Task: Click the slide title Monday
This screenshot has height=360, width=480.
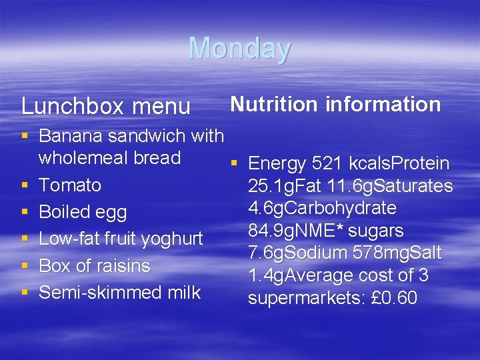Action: (x=240, y=49)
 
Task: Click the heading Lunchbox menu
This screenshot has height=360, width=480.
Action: (x=106, y=106)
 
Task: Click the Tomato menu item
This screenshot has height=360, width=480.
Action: (x=70, y=185)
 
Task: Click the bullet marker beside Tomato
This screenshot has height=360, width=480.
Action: (x=25, y=185)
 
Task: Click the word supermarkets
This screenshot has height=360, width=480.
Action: (x=299, y=298)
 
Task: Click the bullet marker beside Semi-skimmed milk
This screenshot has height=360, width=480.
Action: (x=25, y=292)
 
